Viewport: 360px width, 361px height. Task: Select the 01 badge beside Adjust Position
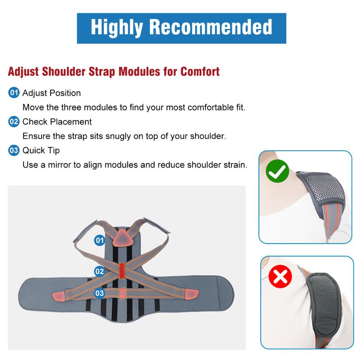14,93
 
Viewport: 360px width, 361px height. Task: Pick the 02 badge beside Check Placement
14,121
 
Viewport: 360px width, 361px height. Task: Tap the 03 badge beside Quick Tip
14,150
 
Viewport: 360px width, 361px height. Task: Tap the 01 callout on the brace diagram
99,240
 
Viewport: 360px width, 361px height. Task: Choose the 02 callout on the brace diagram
99,271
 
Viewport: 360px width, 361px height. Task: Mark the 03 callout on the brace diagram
99,293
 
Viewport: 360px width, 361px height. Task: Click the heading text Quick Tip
41,150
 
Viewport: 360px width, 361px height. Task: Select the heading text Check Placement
57,121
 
